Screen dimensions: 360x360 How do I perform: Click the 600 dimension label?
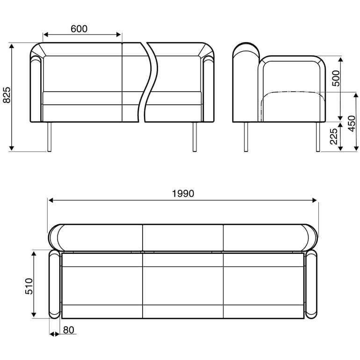tap(79, 29)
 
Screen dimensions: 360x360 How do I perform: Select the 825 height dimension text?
tap(6, 96)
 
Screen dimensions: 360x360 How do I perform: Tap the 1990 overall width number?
tap(183, 193)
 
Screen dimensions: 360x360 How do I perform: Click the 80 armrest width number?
tap(68, 330)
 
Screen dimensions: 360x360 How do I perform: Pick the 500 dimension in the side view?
tap(335, 78)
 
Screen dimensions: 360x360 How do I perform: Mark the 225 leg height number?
tap(334, 137)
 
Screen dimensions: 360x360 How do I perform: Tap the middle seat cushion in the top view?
tap(183, 285)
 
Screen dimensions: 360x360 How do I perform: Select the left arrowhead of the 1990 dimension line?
tap(51, 200)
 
